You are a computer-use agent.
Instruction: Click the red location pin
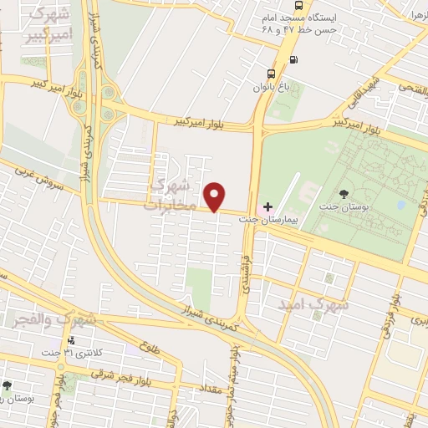[x=215, y=196]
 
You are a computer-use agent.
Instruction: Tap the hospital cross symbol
[x=267, y=206]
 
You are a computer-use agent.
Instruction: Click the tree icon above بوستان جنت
[x=344, y=195]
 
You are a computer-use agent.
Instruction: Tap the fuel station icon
[x=293, y=59]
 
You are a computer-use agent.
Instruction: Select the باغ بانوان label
[x=272, y=85]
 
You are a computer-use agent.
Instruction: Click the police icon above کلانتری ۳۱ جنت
[x=71, y=340]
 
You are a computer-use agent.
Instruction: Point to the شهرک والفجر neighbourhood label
[x=50, y=319]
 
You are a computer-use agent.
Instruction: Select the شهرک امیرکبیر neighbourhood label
[x=48, y=24]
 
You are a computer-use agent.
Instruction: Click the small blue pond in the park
[x=402, y=204]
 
